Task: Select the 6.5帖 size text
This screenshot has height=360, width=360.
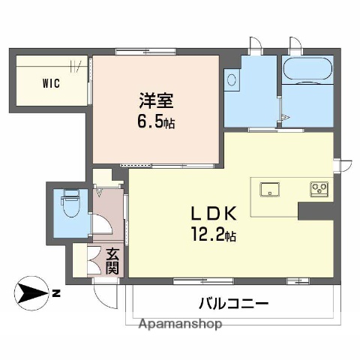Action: pos(157,122)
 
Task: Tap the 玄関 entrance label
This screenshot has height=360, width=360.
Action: pos(112,261)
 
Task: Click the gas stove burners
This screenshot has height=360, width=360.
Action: pos(318,188)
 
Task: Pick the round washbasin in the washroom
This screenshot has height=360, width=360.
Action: pos(232,78)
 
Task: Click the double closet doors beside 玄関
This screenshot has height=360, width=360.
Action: pos(94,262)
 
